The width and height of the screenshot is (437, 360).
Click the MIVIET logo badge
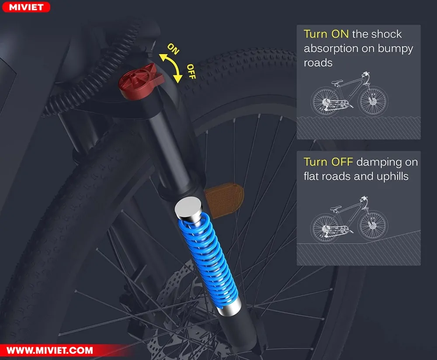coord(26,7)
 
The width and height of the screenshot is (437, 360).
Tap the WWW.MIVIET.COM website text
coord(50,350)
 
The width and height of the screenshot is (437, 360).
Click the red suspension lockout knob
coord(141,81)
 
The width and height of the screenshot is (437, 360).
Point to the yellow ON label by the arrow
coord(173,49)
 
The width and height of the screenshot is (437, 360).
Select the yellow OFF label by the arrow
coord(191,71)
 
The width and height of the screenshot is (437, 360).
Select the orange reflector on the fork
coord(224,199)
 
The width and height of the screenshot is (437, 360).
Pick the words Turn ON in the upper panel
coord(326,34)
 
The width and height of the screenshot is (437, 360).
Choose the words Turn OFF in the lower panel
coord(328,162)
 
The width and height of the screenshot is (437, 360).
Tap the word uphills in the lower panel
coord(392,176)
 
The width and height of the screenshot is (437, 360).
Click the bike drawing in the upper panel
coord(350,94)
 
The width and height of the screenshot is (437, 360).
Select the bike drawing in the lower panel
coord(350,219)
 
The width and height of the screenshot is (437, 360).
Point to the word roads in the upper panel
coord(318,63)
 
